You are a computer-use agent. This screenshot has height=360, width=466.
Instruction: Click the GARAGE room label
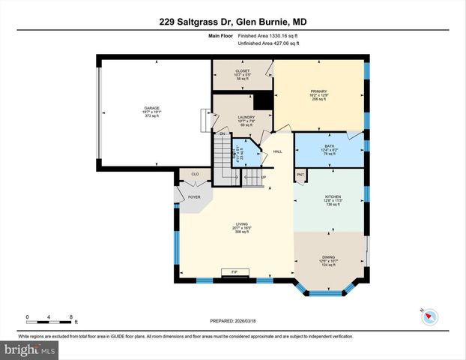click(x=152, y=108)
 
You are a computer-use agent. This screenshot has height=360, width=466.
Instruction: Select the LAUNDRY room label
click(x=246, y=117)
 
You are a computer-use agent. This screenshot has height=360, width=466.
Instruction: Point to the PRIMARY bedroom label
click(x=319, y=91)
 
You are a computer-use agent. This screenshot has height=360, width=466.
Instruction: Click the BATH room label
click(x=329, y=146)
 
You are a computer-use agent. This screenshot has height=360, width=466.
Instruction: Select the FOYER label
click(x=194, y=197)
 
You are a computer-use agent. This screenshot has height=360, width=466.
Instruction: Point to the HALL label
click(x=277, y=152)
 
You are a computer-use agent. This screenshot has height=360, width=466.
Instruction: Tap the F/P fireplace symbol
click(x=234, y=271)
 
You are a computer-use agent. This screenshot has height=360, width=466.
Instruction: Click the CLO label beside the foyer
click(x=194, y=173)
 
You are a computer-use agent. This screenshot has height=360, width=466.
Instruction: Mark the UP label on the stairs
click(x=264, y=178)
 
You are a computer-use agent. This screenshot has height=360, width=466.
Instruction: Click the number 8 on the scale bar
click(x=70, y=316)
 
